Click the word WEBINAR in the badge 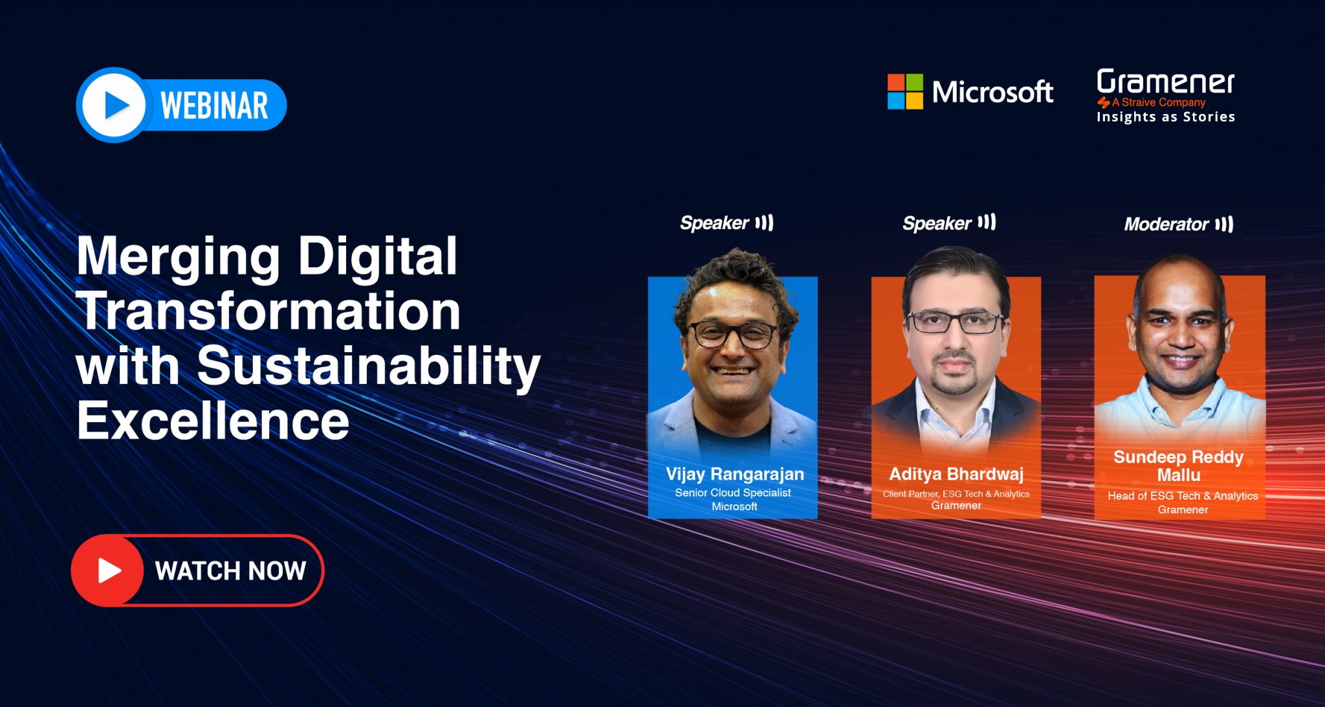pos(214,106)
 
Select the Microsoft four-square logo pos(905,91)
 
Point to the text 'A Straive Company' pos(1159,102)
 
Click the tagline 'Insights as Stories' pos(1166,117)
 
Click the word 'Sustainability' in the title pos(369,366)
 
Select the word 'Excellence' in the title pos(213,421)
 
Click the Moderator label pos(1166,224)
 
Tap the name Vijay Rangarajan pos(735,475)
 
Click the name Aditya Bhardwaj pos(956,475)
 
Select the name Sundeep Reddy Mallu pos(1179,466)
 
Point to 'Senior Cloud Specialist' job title pos(733,493)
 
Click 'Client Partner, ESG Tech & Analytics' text pos(956,494)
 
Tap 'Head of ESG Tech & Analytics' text pos(1183,496)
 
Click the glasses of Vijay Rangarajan pos(733,334)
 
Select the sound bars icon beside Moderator pos(1224,224)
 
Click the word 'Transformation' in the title pos(268,311)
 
